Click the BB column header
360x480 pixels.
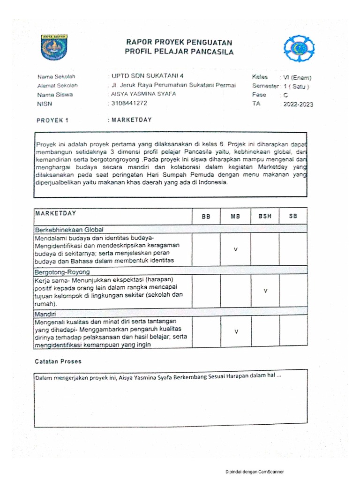tap(206, 217)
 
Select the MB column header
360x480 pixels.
tap(235, 217)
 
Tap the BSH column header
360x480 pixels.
tap(265, 217)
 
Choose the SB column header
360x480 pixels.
tap(293, 217)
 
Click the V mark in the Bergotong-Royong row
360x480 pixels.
tap(265, 291)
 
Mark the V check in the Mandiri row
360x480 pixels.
tap(236, 332)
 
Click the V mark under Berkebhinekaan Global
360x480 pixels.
tap(236, 249)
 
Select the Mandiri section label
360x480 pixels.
tap(45, 312)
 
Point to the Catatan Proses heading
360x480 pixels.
tap(58, 361)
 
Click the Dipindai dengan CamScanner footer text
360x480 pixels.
tap(255, 472)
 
